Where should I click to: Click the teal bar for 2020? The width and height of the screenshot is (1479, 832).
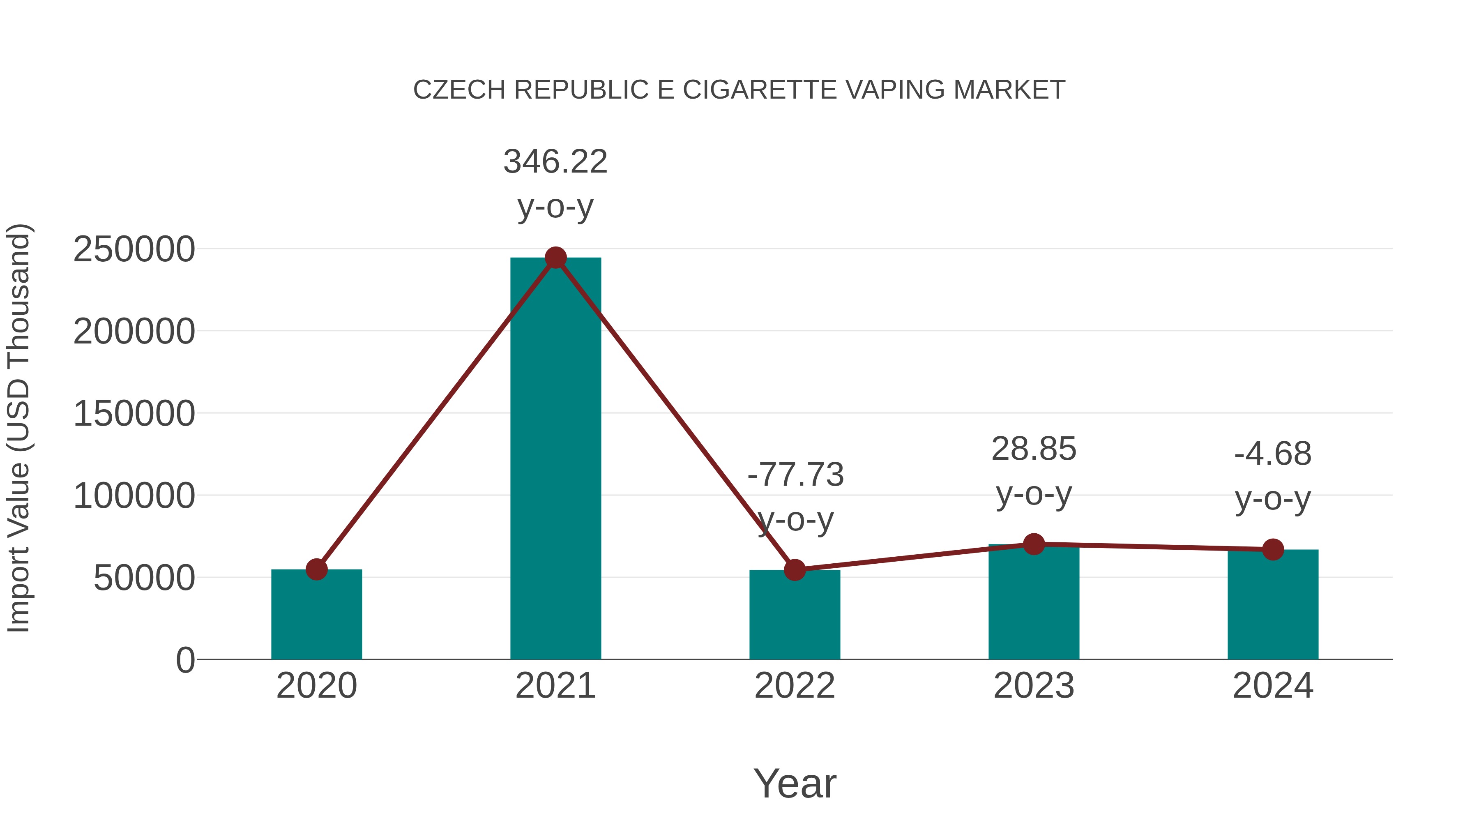coord(316,614)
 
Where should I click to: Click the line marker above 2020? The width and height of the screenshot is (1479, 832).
coord(316,569)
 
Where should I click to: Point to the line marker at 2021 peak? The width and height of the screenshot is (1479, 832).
coord(555,258)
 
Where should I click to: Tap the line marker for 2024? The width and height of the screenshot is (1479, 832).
coord(1273,549)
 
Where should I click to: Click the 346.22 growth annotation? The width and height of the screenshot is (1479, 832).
coord(555,161)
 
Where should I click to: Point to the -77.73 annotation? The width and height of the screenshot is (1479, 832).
coord(795,475)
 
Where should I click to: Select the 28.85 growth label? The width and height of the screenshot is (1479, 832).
coord(1034,449)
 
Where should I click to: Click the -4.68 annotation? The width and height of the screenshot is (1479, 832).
coord(1273,454)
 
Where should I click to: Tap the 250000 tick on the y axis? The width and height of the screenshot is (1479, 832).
coord(134,250)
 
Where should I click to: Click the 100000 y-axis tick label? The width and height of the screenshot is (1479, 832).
coord(134,496)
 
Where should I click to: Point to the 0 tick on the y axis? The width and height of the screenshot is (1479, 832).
coord(185,660)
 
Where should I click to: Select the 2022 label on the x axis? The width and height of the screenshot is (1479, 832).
coord(795,686)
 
